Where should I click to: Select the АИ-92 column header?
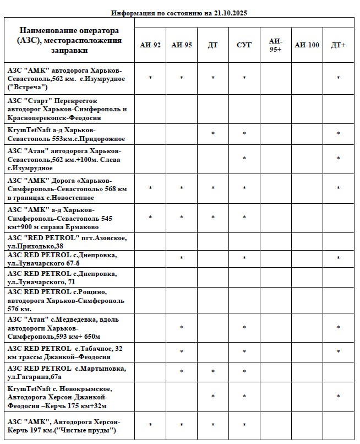[150, 45]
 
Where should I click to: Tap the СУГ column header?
[244, 45]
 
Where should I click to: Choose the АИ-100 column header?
[307, 45]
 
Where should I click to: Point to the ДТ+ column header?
[338, 45]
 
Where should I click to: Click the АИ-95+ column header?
[275, 45]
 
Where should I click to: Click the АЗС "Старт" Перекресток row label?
[67, 109]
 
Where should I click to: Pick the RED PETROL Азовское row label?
[67, 242]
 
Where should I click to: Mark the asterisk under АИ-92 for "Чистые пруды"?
[150, 425]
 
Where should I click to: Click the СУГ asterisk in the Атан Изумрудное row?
[244, 159]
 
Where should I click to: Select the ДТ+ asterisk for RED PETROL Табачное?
[338, 352]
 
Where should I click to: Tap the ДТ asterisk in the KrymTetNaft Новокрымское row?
[212, 397]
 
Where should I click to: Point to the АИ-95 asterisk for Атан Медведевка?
[182, 328]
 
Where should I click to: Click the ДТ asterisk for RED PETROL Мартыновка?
[212, 372]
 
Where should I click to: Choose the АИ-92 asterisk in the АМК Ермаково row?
[150, 218]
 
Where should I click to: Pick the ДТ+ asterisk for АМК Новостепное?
[338, 189]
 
